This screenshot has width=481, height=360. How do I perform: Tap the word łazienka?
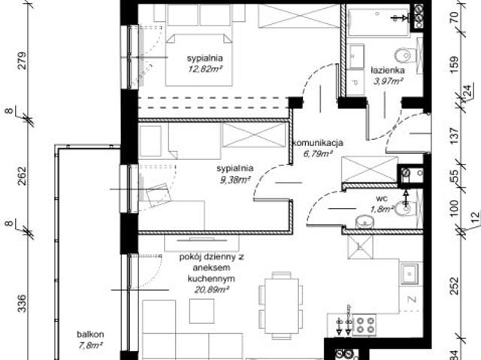388,71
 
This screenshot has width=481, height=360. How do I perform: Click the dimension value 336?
22,304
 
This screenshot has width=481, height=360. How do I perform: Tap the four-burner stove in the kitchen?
365,325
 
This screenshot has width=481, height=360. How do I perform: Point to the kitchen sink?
411,274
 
